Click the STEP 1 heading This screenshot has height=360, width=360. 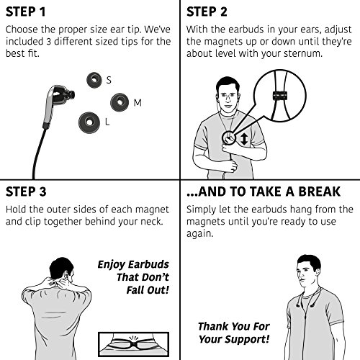(25, 12)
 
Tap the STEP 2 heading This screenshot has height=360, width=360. (207, 12)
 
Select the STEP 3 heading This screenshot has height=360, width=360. (26, 192)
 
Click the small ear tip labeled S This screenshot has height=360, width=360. (94, 80)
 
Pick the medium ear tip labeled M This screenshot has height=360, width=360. (120, 102)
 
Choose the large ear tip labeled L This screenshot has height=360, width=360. (89, 122)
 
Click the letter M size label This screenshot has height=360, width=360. (138, 103)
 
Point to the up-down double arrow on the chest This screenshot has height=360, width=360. (244, 139)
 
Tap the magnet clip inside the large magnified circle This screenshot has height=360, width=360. (280, 96)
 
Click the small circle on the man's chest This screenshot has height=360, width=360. (229, 138)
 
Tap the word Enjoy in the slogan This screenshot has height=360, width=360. (112, 264)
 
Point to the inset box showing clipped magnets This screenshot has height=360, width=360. (134, 344)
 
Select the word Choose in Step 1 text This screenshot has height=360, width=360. (22, 30)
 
